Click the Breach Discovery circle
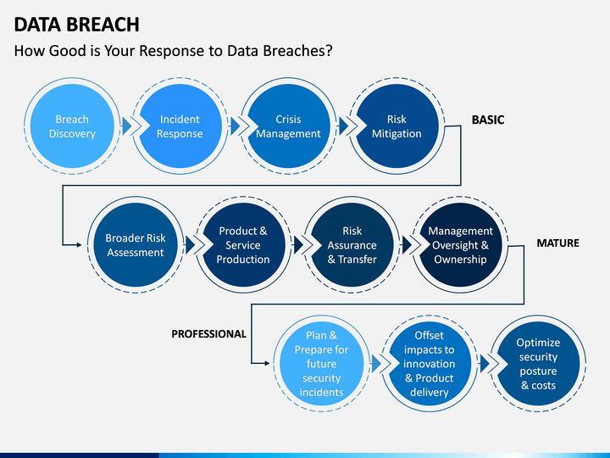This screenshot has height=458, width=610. (72, 126)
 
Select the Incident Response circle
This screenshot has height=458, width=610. (180, 126)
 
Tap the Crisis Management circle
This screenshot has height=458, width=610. (288, 126)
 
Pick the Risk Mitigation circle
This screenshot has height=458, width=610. (396, 126)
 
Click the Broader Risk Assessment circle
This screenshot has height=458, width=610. (136, 245)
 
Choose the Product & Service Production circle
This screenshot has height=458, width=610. (243, 245)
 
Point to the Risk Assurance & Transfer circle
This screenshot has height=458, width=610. (352, 245)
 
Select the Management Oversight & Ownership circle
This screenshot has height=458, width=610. (460, 245)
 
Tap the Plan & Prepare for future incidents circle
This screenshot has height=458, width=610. (321, 364)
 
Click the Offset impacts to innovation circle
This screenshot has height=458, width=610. (429, 364)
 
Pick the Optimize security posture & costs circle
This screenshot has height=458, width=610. (538, 364)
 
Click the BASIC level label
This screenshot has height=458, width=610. (488, 120)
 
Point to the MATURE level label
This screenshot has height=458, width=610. (557, 243)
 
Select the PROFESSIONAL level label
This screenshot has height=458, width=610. (209, 334)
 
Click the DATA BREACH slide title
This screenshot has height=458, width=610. (76, 25)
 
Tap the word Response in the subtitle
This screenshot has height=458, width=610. (172, 51)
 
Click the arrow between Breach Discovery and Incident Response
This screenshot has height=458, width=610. (126, 126)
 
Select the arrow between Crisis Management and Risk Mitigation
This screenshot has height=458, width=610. (343, 126)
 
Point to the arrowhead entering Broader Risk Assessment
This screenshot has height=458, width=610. (80, 245)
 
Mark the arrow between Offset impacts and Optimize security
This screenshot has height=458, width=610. (485, 364)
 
